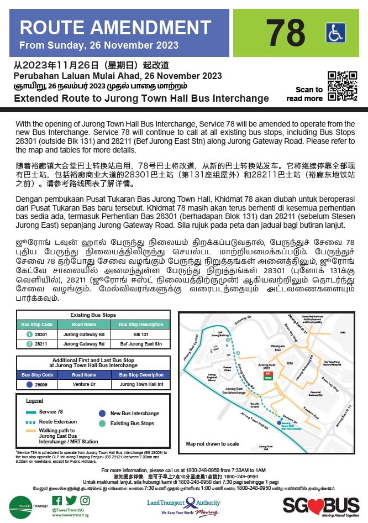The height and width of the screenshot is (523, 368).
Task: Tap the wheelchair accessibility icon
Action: click(x=335, y=33)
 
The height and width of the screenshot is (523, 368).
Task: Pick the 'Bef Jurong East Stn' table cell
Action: click(x=141, y=344)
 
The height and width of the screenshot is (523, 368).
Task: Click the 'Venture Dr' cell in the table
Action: click(x=84, y=384)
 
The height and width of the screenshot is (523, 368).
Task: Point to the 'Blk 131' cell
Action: click(x=141, y=334)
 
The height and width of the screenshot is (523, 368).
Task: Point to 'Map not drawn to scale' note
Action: click(x=213, y=444)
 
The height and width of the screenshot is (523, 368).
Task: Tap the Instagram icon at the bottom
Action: click(x=84, y=501)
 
